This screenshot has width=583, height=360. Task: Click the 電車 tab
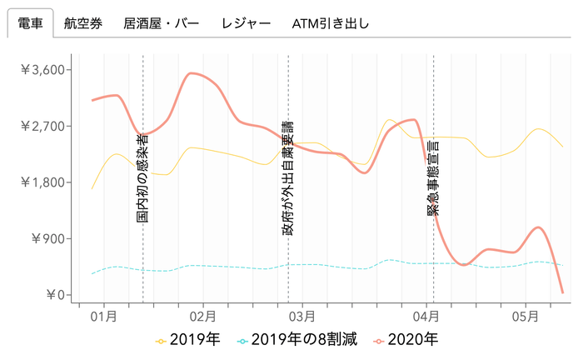(31, 23)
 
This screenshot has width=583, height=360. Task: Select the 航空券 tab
(83, 23)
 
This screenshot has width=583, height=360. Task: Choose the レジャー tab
(246, 23)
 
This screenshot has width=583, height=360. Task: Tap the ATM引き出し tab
(331, 23)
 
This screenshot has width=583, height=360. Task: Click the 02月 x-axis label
(203, 317)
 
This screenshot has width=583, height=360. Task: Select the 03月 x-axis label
(304, 317)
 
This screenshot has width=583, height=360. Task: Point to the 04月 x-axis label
(425, 317)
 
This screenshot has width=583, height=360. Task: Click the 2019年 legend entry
(188, 340)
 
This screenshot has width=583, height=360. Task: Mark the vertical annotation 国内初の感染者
(142, 178)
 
